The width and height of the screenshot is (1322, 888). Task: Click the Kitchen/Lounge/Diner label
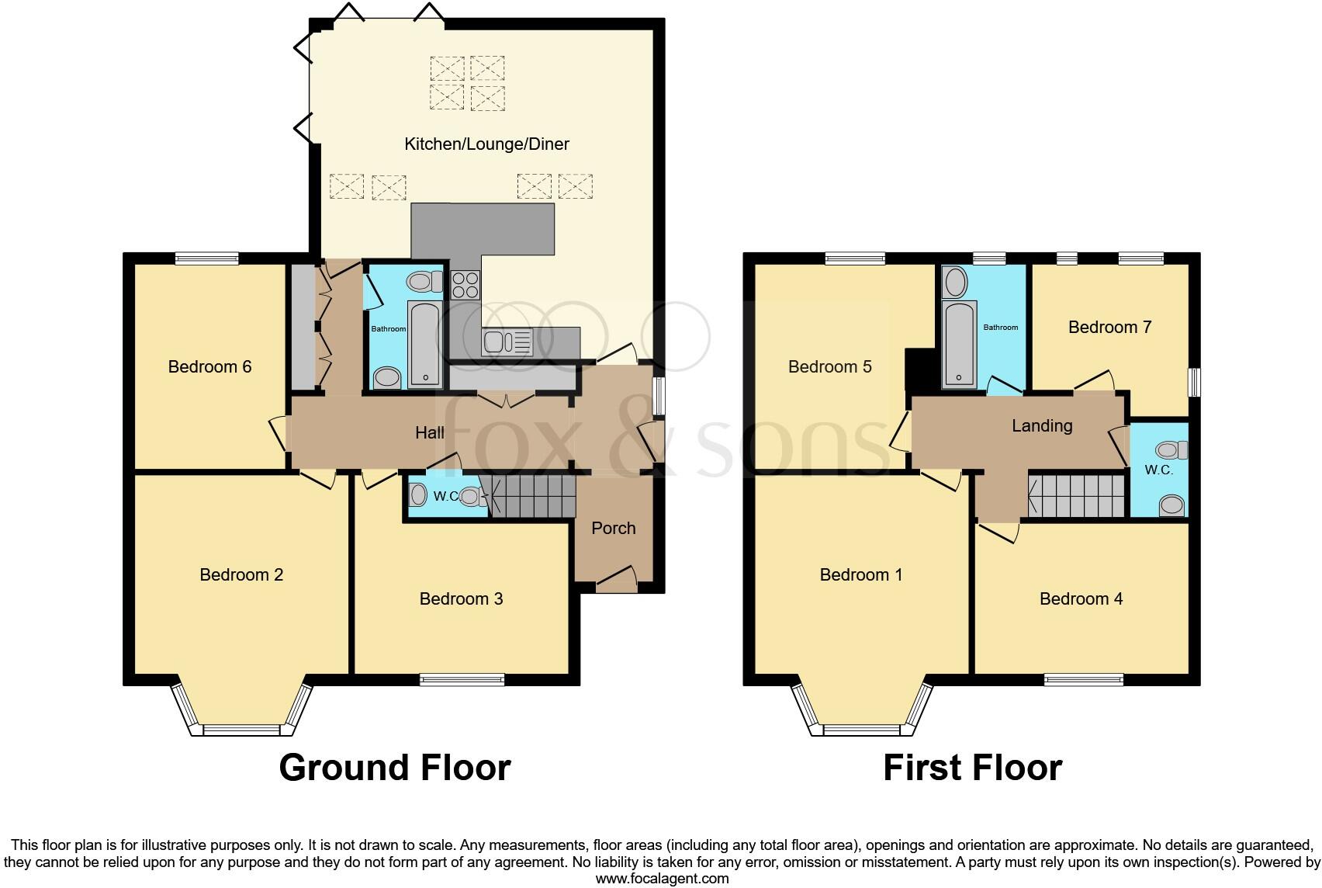click(486, 144)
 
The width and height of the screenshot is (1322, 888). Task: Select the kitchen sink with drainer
click(507, 342)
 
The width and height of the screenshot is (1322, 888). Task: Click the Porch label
click(613, 529)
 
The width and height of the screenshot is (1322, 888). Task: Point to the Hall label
click(429, 432)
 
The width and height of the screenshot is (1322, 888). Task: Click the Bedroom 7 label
click(1109, 327)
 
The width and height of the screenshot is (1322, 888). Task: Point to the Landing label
click(1041, 425)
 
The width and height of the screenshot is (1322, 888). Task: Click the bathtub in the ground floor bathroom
click(424, 345)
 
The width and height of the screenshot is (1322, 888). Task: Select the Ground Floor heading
click(394, 768)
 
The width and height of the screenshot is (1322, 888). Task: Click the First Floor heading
click(971, 768)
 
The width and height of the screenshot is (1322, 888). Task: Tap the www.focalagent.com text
click(662, 879)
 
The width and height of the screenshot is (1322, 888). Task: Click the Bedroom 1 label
click(860, 575)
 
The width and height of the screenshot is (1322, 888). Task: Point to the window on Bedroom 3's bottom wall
click(462, 680)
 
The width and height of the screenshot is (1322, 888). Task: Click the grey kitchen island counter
click(483, 230)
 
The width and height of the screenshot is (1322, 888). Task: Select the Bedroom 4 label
click(1080, 598)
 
